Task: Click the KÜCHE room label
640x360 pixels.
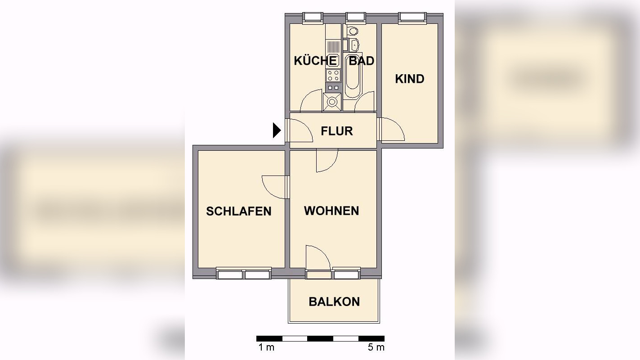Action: click(315, 61)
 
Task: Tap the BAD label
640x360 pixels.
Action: click(362, 61)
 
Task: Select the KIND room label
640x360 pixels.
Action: click(409, 79)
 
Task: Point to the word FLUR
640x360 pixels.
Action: click(336, 131)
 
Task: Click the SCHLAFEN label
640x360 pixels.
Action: click(238, 211)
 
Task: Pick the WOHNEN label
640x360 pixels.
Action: click(331, 211)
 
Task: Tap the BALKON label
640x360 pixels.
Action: click(334, 301)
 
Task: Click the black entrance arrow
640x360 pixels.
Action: click(277, 130)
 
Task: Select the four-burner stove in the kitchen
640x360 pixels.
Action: click(333, 75)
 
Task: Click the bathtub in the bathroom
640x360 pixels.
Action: click(352, 77)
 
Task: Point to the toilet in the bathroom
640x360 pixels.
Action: click(353, 31)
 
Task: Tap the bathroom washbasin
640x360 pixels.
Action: click(354, 45)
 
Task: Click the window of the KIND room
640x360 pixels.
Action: click(412, 18)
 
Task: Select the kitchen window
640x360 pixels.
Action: click(313, 18)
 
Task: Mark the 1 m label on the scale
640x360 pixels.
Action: click(266, 347)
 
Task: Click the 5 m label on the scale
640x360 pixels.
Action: click(376, 347)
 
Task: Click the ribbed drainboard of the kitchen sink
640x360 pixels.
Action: click(333, 47)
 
